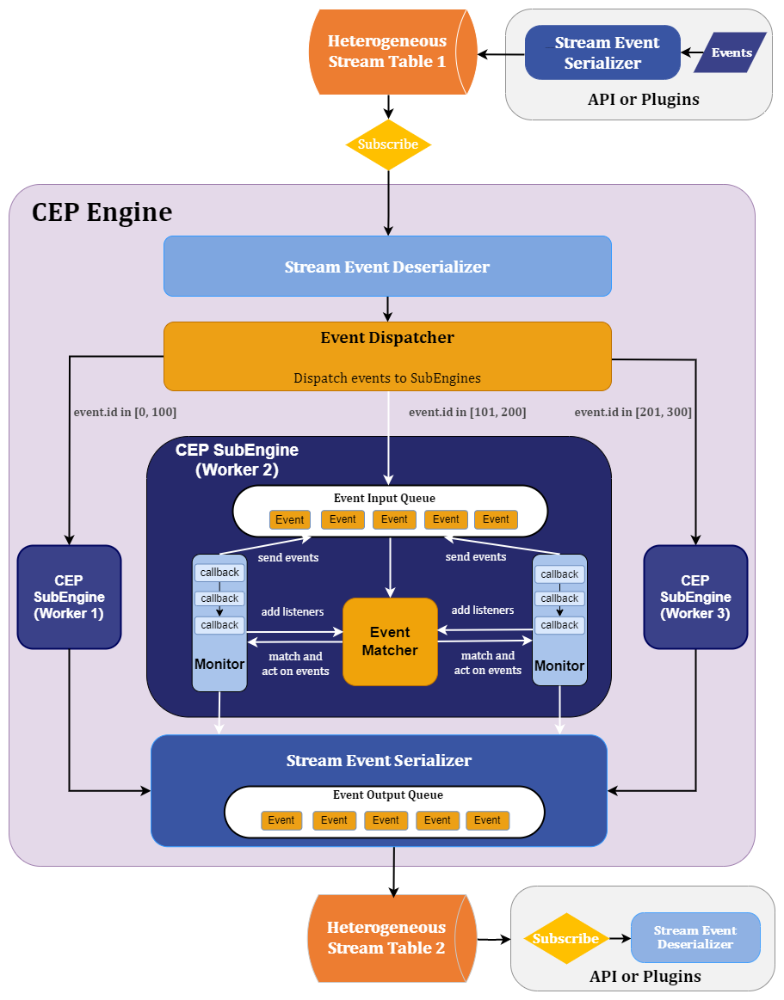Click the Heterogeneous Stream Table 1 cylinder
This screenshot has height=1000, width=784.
(x=387, y=52)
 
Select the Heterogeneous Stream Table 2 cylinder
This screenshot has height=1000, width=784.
(x=387, y=938)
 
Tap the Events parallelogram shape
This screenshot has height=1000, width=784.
(x=731, y=52)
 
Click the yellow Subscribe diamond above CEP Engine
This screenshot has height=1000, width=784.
(x=388, y=144)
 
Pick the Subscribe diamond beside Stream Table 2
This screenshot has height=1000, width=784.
(x=565, y=939)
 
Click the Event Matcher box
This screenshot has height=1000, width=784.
(x=390, y=641)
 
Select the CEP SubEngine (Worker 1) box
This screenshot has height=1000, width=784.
(x=69, y=597)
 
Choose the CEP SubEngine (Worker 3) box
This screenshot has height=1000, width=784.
(x=695, y=597)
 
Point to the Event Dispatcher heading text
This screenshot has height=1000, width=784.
(x=387, y=338)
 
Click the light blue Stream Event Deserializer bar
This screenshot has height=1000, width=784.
(x=387, y=267)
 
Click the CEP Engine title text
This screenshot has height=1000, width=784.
(x=102, y=212)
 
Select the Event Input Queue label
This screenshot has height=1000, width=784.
(x=385, y=499)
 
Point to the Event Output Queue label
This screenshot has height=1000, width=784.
(x=388, y=795)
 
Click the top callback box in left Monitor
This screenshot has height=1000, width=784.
(x=219, y=574)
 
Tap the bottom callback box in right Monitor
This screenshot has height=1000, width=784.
(x=559, y=625)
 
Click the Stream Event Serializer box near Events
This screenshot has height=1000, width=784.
(x=602, y=52)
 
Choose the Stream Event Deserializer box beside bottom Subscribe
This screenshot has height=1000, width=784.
(x=695, y=937)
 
